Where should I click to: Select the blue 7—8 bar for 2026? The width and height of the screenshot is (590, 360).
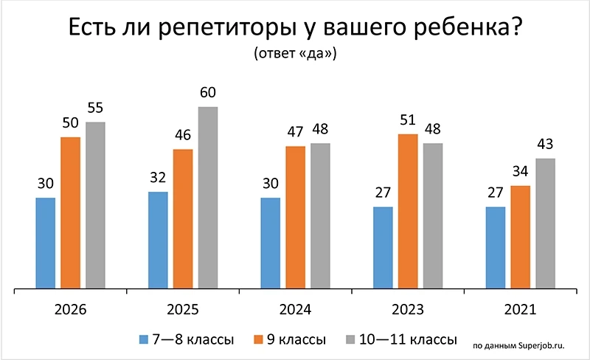coord(45,243)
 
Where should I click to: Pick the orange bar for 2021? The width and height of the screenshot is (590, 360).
coord(521,238)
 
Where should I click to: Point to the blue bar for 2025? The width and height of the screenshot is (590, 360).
coord(158,240)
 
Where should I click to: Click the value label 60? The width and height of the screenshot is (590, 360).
coord(208,94)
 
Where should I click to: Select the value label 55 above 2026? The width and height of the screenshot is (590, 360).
coord(95,108)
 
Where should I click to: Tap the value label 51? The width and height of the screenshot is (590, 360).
coord(408,121)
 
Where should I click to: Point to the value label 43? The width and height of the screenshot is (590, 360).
coord(545,145)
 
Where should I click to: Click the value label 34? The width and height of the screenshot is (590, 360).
coord(521,173)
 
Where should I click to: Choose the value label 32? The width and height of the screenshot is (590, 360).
coord(158,178)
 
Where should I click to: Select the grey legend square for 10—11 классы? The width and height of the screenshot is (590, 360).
coord(351,340)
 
